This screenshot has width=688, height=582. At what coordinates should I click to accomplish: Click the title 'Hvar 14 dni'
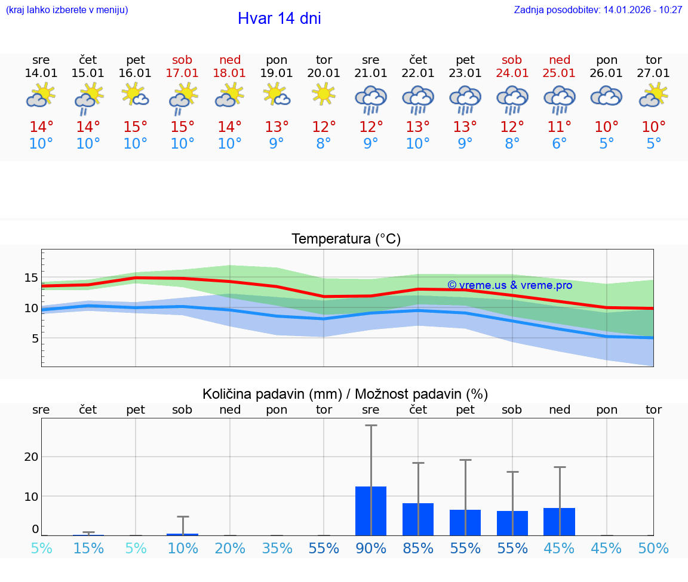coord(279,19)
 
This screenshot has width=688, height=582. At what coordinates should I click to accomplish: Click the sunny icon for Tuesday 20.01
coord(324,94)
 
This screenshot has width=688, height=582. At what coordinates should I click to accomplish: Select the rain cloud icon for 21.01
coord(371,98)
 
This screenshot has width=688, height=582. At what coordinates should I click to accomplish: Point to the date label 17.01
coord(183,73)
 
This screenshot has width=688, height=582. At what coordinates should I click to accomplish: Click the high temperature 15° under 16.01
coord(136,127)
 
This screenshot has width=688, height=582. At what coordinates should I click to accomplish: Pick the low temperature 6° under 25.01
coord(560,144)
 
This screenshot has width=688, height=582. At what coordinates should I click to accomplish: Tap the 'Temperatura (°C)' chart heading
coord(346,239)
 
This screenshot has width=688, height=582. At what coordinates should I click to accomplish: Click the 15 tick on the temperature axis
coord(31,278)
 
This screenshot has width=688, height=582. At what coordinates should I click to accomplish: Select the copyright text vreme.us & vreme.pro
coord(510,285)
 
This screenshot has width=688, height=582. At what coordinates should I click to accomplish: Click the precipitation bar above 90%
coord(371,511)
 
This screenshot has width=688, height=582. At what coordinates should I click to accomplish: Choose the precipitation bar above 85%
coord(418,519)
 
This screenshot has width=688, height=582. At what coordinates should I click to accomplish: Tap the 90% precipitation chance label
coord(371,549)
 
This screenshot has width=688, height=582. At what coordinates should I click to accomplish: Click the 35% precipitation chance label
coord(277,549)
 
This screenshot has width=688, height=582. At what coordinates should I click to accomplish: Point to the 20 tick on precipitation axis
coord(31,457)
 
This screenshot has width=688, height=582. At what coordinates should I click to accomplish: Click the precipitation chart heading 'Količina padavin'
coord(272,394)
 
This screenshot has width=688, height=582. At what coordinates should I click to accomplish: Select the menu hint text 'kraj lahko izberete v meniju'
coord(67,10)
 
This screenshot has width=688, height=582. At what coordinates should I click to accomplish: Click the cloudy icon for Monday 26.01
coord(607,96)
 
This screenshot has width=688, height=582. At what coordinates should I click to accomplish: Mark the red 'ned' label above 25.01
coord(560,60)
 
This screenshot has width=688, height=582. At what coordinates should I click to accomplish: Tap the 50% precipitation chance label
coord(653,549)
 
